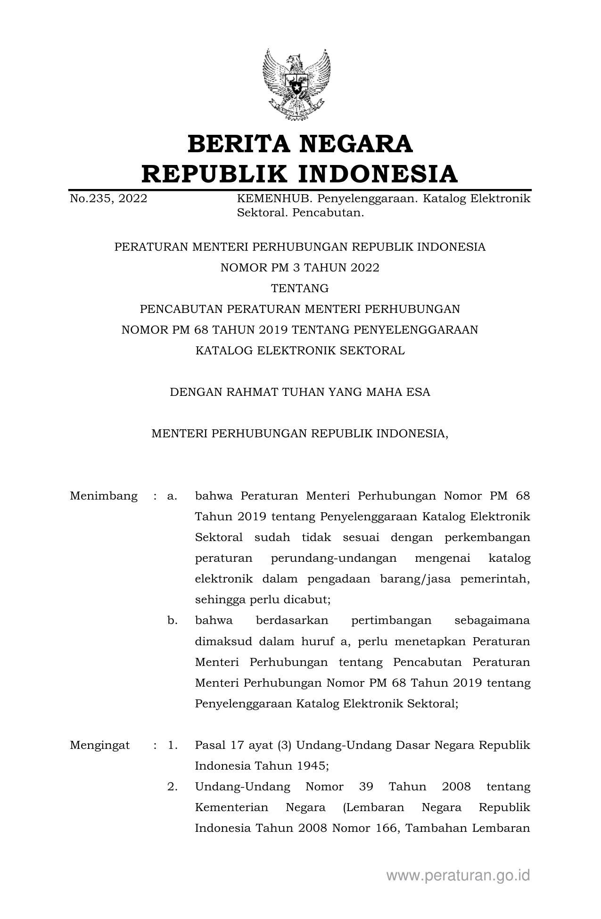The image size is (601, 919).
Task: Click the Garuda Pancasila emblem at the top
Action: point(296,85)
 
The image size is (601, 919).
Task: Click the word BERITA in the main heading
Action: point(240,144)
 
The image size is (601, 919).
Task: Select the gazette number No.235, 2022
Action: point(108,199)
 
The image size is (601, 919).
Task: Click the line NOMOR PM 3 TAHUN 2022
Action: point(300,268)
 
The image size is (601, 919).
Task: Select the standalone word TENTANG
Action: point(300,288)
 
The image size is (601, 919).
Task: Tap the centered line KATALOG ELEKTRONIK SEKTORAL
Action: point(300,351)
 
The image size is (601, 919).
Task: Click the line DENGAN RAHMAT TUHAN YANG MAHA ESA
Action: point(300,392)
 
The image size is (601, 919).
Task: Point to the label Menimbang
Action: point(104,496)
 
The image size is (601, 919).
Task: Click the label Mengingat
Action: point(100,745)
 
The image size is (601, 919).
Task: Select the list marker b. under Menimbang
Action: point(173,621)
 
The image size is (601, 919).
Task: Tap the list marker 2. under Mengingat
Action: point(173,787)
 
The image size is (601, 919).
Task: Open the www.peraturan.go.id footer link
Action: point(458,876)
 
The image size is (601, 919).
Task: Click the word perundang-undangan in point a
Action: point(334,558)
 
